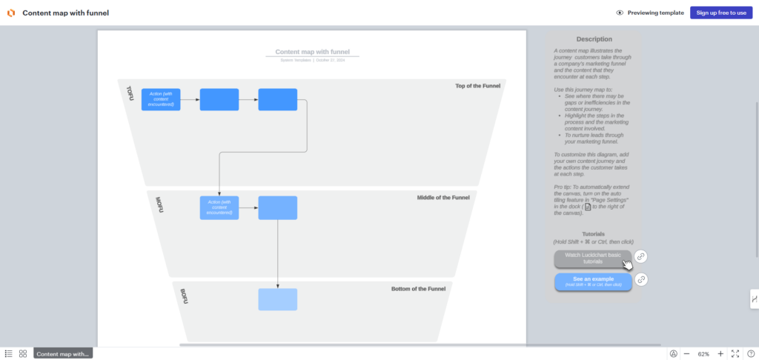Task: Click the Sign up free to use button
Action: tap(720, 13)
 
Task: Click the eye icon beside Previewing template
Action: tap(620, 13)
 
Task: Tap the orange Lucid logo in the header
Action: tap(11, 13)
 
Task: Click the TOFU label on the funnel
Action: tap(130, 94)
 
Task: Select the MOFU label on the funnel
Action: tap(159, 204)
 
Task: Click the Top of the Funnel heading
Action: tap(477, 86)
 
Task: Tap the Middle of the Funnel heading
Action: tap(443, 198)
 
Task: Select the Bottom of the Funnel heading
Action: tap(421, 288)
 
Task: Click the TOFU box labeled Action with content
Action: tap(161, 99)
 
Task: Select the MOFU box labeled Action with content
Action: tap(219, 207)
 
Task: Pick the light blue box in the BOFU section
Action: tap(277, 299)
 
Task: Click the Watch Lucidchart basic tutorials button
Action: tap(592, 258)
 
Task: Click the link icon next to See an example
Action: tap(642, 280)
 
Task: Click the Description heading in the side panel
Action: tap(594, 39)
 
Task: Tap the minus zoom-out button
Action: tap(686, 354)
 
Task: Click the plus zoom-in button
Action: tap(720, 354)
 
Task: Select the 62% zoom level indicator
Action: tap(703, 354)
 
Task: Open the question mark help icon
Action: tap(750, 354)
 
